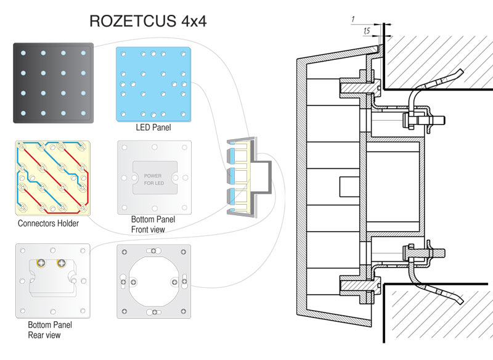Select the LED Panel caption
tap(153, 128)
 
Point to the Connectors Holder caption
tap(48, 223)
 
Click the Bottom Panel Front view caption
tap(153, 224)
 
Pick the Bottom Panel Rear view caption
tap(50, 330)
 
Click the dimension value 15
tap(367, 30)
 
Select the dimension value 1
tap(352, 20)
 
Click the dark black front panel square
tap(54, 83)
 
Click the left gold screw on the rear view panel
tap(40, 264)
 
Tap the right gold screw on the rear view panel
tap(61, 264)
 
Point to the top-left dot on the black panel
tap(23, 54)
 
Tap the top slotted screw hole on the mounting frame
tap(154, 251)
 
